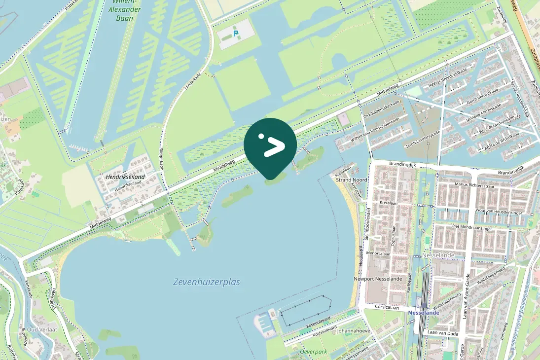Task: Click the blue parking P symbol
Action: (x=236, y=34)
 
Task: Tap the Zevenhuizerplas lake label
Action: (x=207, y=282)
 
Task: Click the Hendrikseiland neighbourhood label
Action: (x=125, y=177)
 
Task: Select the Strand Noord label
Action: (x=351, y=180)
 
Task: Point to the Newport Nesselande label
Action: (x=378, y=279)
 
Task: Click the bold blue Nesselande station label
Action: (x=424, y=313)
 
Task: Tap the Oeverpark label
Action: (x=314, y=352)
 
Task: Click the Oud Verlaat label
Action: (x=42, y=329)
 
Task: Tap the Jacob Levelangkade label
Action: (x=422, y=140)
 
